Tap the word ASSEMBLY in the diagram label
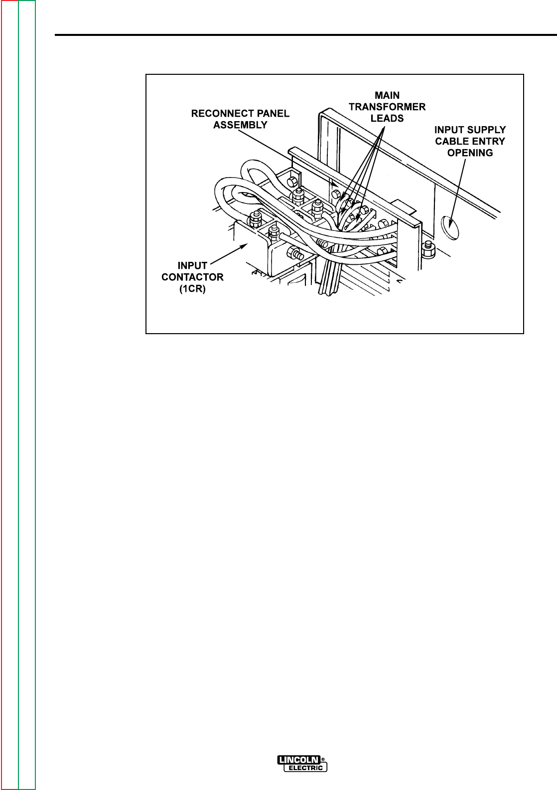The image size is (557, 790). (241, 125)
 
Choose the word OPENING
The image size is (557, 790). (469, 153)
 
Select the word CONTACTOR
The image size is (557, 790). (192, 278)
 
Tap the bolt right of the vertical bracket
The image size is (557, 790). (427, 247)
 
